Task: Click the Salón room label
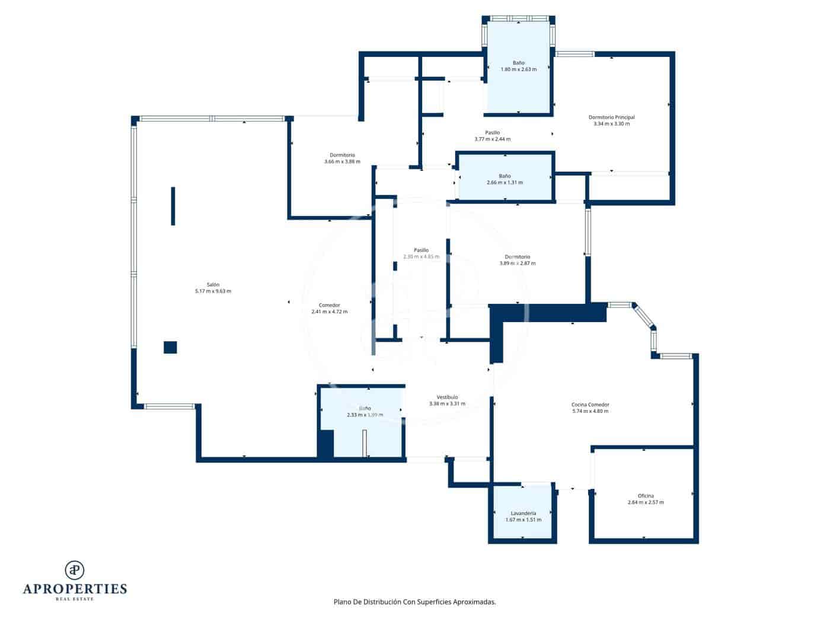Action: click(213, 285)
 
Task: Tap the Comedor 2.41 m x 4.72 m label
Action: click(329, 306)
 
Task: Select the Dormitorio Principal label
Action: click(611, 117)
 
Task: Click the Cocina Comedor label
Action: click(590, 405)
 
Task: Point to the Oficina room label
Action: click(646, 496)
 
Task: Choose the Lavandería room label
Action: click(523, 513)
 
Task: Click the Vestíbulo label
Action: click(447, 398)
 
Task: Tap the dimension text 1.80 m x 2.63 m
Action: click(519, 69)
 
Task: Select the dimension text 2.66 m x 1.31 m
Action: click(505, 183)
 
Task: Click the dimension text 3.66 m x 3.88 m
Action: click(342, 161)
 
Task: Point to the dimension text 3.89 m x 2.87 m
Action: click(518, 263)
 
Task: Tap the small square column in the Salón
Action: click(170, 348)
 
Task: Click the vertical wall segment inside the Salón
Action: click(173, 206)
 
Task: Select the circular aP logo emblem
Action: click(75, 570)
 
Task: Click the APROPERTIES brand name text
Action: click(75, 589)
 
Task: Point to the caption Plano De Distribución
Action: click(414, 602)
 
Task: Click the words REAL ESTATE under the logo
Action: click(75, 599)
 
